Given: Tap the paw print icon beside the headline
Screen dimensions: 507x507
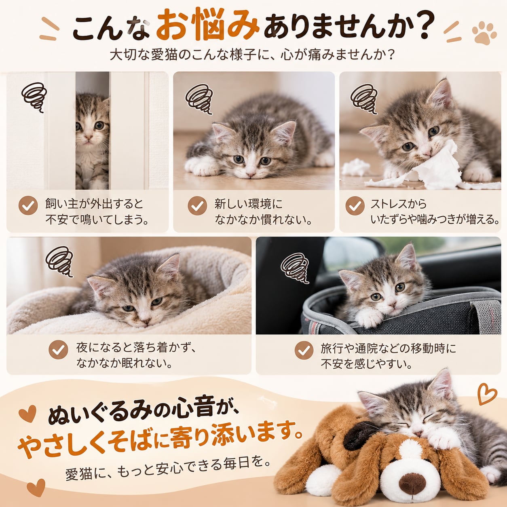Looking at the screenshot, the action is click(x=484, y=33).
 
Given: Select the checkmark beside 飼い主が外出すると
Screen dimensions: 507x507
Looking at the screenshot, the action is click(x=28, y=205).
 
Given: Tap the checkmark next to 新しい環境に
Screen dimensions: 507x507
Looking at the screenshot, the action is click(x=197, y=205).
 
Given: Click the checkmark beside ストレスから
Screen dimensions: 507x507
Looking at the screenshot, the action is click(x=355, y=205).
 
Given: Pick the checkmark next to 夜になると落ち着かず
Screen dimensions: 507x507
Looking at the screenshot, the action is click(x=58, y=349).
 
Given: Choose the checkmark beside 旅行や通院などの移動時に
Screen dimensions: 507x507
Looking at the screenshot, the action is click(x=304, y=350).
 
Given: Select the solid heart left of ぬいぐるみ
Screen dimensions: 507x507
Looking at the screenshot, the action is click(x=27, y=414).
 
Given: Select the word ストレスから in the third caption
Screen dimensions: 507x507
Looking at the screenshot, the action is click(x=398, y=204).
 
